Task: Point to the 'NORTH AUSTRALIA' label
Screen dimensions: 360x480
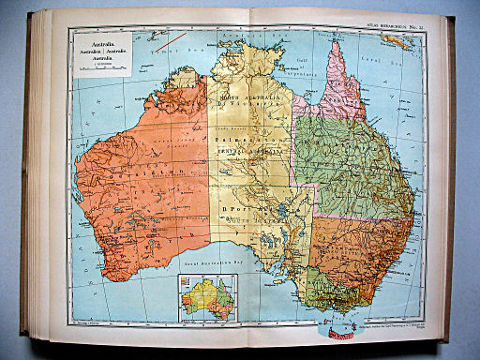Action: pyautogui.click(x=243, y=97)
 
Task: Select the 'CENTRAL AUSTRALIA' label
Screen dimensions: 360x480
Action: pyautogui.click(x=243, y=147)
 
